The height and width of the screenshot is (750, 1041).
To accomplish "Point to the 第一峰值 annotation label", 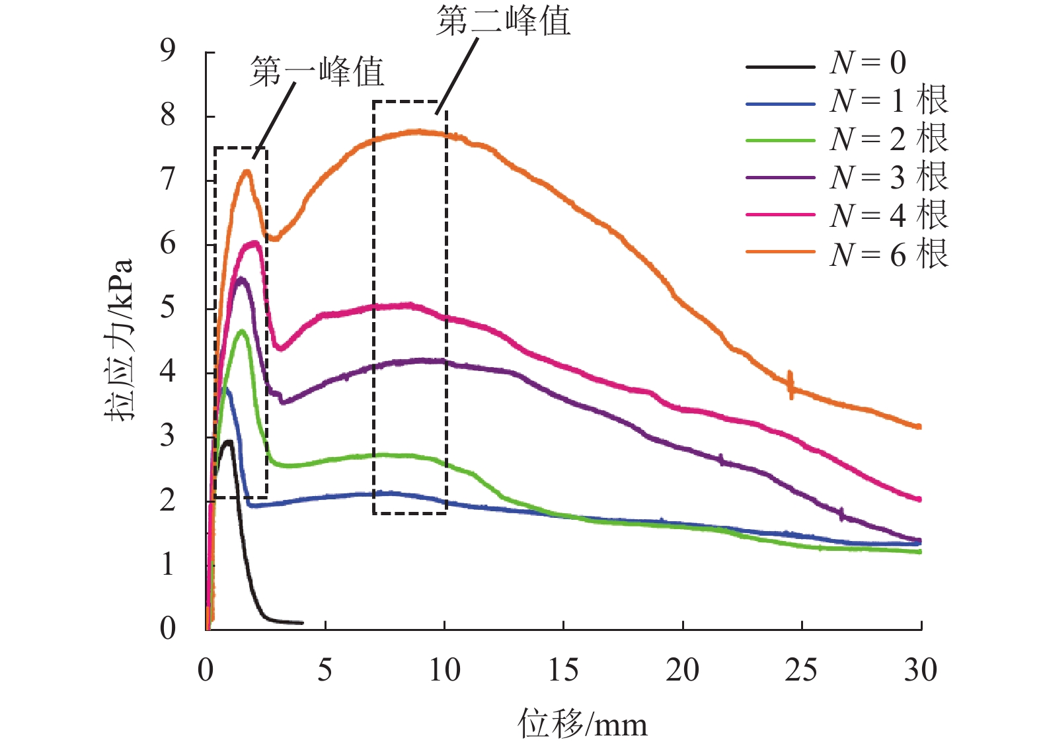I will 317,71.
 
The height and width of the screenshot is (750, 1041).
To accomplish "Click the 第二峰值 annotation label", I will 503,21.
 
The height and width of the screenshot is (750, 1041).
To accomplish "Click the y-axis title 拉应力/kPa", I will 120,340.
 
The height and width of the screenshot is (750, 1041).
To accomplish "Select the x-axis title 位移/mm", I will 582,724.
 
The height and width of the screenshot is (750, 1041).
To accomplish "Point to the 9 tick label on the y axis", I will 168,50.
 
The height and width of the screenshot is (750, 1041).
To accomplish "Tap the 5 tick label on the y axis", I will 168,308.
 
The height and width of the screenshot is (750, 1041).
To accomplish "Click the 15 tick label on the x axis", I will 563,671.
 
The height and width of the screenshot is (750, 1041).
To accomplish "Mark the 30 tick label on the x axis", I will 920,671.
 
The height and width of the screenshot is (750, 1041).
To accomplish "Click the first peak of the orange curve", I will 247,171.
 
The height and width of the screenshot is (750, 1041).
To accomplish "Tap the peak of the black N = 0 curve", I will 229,441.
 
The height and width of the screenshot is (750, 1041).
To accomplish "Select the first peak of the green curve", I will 242,331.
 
